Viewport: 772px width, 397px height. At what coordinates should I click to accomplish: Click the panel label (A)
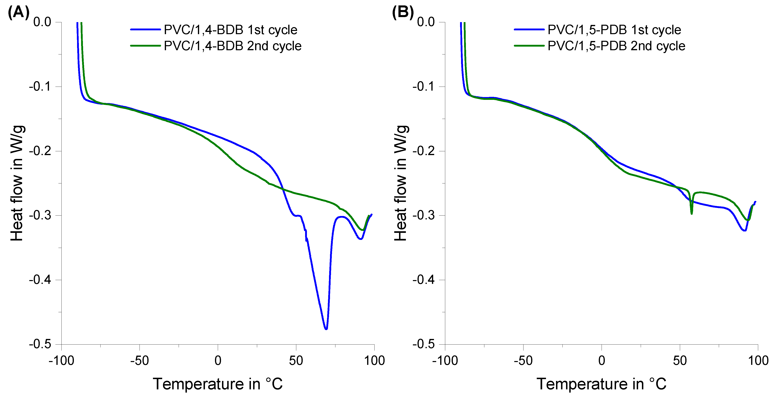[x=19, y=13]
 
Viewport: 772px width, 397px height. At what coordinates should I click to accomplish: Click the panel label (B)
[x=402, y=13]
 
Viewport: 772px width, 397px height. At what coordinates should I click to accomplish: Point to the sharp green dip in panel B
[x=691, y=213]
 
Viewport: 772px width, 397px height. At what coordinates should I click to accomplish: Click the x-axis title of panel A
[x=218, y=384]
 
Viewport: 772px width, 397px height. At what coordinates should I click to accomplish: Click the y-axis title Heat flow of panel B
[x=401, y=183]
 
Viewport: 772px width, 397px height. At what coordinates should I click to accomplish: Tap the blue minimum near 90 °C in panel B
[x=744, y=230]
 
